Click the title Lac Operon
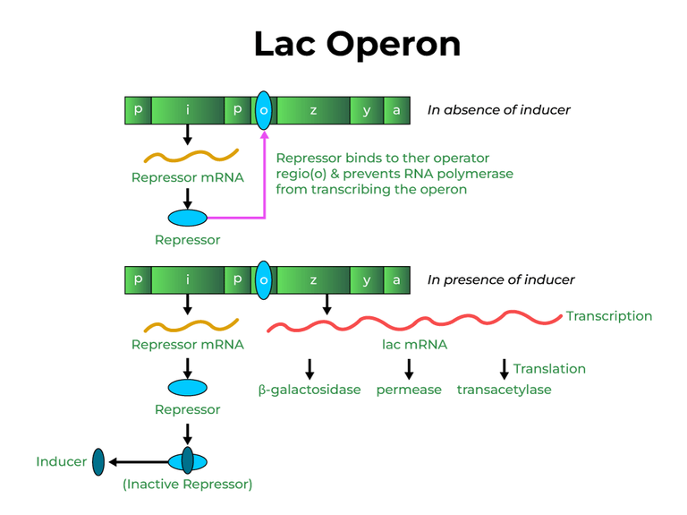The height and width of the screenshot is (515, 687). (357, 43)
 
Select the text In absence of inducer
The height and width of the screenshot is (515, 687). (498, 110)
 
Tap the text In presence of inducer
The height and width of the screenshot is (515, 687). (501, 279)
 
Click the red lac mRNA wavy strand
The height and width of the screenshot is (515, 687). (411, 322)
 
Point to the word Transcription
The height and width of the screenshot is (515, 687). (608, 316)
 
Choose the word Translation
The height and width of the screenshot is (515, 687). (549, 368)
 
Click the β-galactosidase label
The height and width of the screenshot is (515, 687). (310, 391)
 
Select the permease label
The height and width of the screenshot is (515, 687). (409, 390)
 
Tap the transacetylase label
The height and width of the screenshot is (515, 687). (504, 390)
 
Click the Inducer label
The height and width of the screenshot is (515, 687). (62, 462)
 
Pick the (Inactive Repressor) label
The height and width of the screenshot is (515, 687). (188, 485)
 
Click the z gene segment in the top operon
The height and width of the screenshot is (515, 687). (313, 110)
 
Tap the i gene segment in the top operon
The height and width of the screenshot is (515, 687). (188, 110)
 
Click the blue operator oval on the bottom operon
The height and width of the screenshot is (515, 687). (263, 279)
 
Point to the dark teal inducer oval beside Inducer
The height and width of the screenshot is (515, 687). (98, 462)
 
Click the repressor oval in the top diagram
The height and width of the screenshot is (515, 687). (188, 218)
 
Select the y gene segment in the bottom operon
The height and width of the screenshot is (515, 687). (367, 279)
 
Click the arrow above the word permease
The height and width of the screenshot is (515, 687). (409, 368)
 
